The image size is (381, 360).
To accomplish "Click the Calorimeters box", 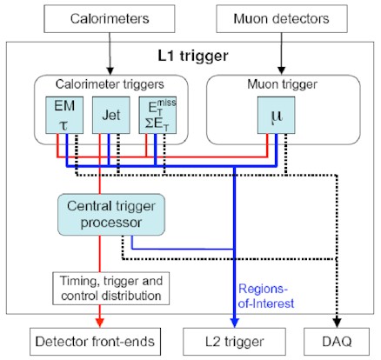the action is point(110,19).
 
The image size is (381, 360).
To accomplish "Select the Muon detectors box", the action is point(282,19).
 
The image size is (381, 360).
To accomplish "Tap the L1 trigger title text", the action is point(193,56).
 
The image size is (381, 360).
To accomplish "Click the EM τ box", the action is point(64,115).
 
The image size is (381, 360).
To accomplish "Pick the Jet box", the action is point(110,115).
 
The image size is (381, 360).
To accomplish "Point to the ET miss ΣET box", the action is point(157,115).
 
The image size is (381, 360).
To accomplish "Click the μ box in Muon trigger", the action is point(277,115).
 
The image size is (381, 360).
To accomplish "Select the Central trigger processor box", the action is point(111,215).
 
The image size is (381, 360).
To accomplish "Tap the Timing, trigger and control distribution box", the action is point(111,289).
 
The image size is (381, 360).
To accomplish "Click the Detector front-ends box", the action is point(95,342).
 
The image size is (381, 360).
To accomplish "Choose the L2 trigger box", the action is point(234,342).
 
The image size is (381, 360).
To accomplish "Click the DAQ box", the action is point(337,342).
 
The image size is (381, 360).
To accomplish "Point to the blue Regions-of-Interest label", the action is point(266,297).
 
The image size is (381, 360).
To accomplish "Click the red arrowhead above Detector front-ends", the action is point(100,323).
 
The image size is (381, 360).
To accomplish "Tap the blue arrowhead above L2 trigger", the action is point(234,323).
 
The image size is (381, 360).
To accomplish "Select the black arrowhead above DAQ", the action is point(337,323).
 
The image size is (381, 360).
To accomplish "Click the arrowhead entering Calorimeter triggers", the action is point(110,70).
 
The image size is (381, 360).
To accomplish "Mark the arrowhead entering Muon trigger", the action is point(281,70).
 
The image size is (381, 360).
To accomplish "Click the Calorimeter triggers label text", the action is point(110,84).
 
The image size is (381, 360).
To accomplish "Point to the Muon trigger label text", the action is point(282,84).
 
